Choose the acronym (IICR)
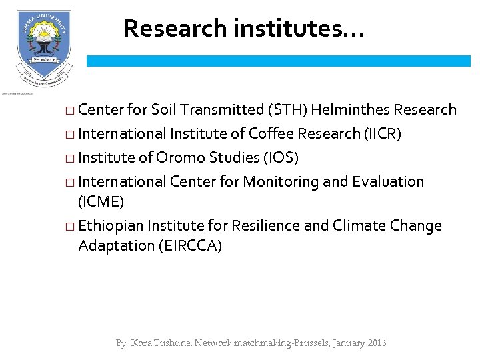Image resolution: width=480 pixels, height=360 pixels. (383, 134)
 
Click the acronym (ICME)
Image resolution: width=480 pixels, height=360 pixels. (101, 201)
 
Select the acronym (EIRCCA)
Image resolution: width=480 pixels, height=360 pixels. (190, 246)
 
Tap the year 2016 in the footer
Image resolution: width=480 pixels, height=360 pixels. (375, 343)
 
